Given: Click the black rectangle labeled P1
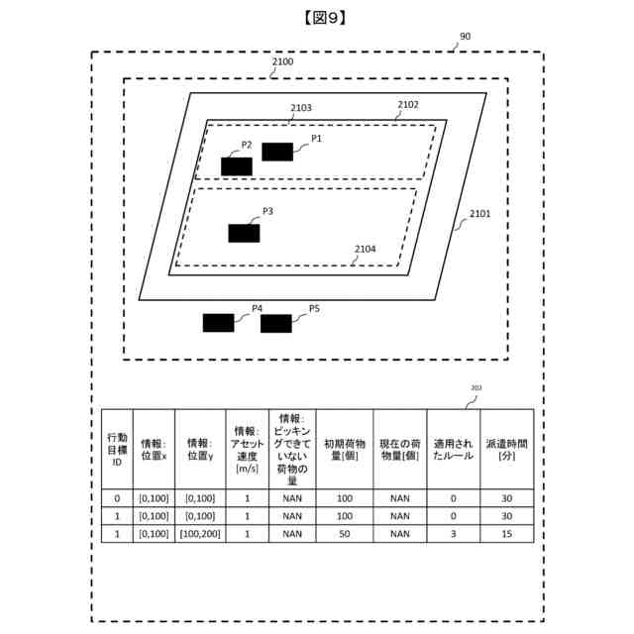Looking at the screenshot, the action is (x=277, y=152).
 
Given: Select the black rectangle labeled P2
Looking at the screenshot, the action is (x=237, y=165).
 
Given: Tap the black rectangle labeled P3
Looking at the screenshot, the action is (x=244, y=233).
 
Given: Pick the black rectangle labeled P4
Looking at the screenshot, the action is (x=218, y=322).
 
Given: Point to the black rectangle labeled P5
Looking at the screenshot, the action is (x=276, y=323).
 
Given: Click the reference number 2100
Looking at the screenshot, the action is (x=282, y=61).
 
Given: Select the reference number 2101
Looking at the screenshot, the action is (x=479, y=213).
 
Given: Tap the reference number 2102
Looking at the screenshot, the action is (x=408, y=104).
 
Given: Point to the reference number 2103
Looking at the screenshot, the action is (x=301, y=108).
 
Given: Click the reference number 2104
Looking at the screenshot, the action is (x=365, y=249).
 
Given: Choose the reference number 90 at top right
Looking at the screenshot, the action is (x=465, y=37).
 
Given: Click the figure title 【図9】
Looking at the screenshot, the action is (x=317, y=17).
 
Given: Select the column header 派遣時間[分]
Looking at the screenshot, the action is (x=507, y=450).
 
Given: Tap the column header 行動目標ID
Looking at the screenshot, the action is (x=117, y=450).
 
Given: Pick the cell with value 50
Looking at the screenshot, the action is (x=345, y=533).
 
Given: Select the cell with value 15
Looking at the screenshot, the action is (x=507, y=533).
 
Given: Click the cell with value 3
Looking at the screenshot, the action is (x=453, y=533).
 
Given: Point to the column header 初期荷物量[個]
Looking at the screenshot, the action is (x=345, y=450).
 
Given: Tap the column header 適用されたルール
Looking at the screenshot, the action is (x=453, y=450).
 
